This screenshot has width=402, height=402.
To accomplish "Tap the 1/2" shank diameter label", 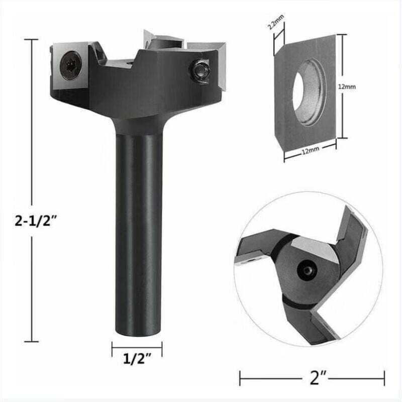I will tap(137, 360).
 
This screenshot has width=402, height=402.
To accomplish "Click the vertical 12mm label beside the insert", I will tap(346, 86).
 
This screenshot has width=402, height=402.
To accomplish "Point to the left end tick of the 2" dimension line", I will tap(240, 376).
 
